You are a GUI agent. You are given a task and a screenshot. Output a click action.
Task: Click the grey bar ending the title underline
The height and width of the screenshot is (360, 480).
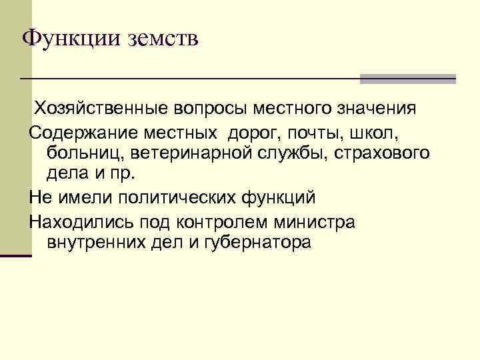[407, 79]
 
